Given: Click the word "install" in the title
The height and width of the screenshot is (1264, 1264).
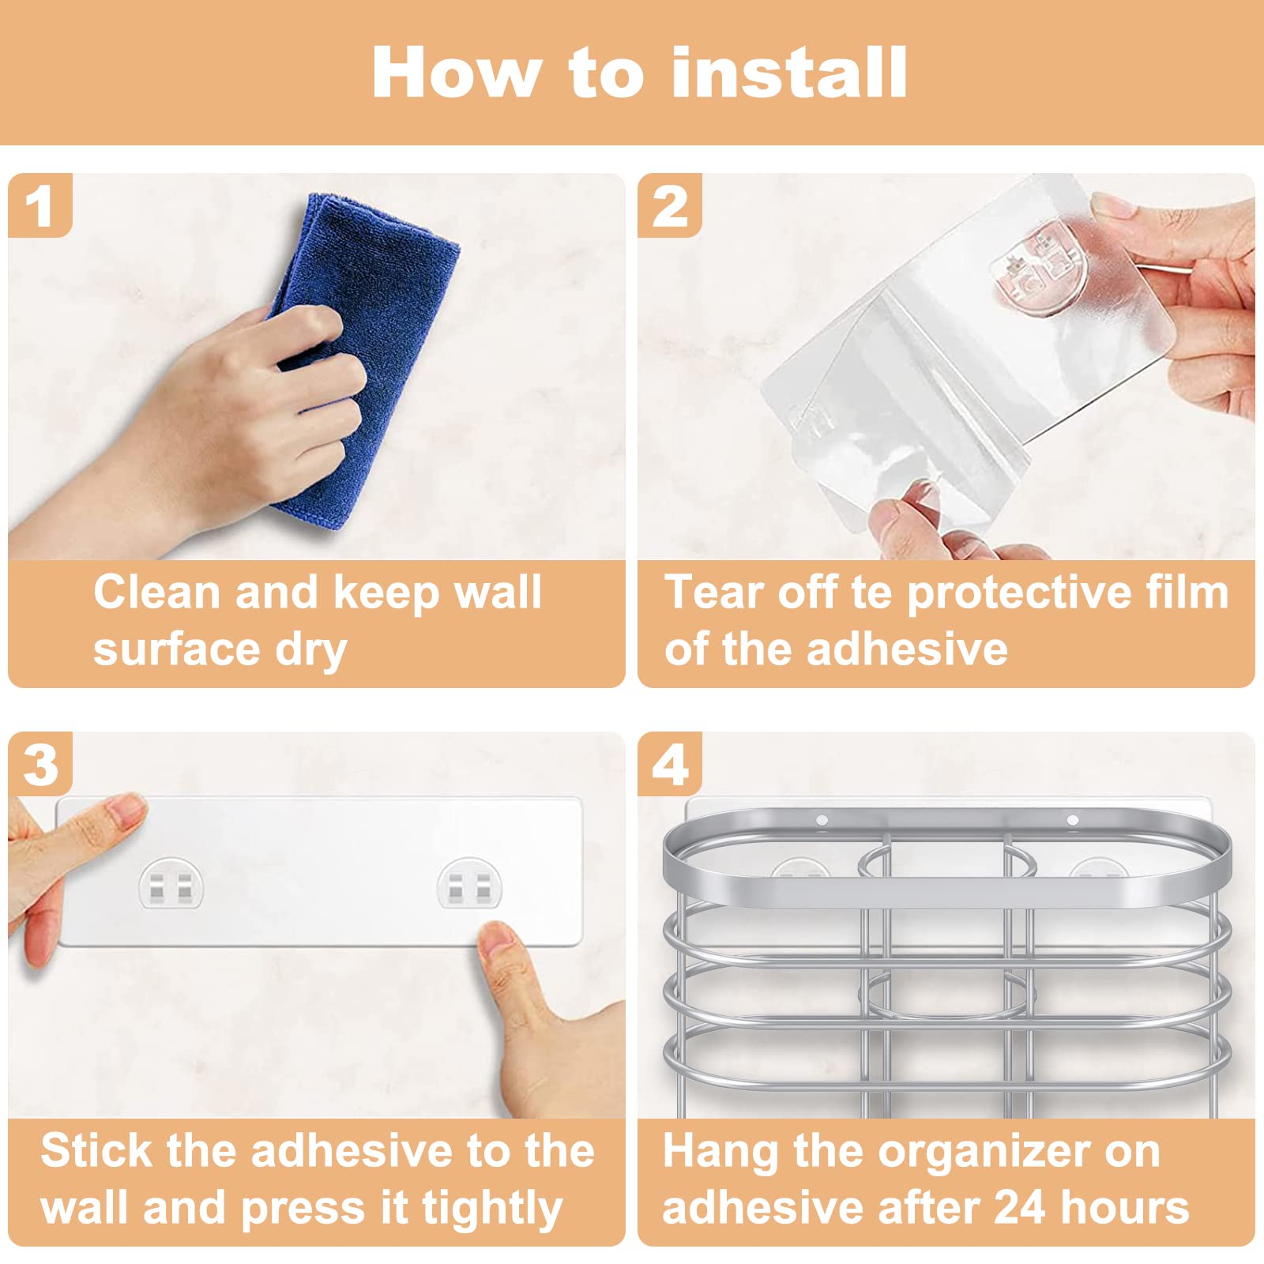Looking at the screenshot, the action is click(x=789, y=72).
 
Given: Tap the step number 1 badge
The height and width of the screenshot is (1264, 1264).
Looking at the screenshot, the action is click(x=39, y=205).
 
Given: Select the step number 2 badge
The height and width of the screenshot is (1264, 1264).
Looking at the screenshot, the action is click(x=670, y=205).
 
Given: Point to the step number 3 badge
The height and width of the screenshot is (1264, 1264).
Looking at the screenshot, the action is click(x=39, y=764).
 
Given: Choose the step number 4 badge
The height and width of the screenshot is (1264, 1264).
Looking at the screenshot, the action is click(x=670, y=764).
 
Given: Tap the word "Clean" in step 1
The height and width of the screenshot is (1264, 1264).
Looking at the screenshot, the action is click(x=157, y=592).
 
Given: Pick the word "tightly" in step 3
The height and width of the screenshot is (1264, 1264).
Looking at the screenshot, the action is click(x=491, y=1209).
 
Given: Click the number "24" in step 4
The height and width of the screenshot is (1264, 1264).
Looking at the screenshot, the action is click(x=1020, y=1207).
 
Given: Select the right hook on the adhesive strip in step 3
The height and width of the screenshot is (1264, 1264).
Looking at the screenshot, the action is click(x=469, y=883).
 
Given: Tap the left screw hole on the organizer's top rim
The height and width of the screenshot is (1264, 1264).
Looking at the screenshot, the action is click(x=822, y=821).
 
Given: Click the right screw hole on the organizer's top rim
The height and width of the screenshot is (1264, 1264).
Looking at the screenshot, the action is click(x=1072, y=820).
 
